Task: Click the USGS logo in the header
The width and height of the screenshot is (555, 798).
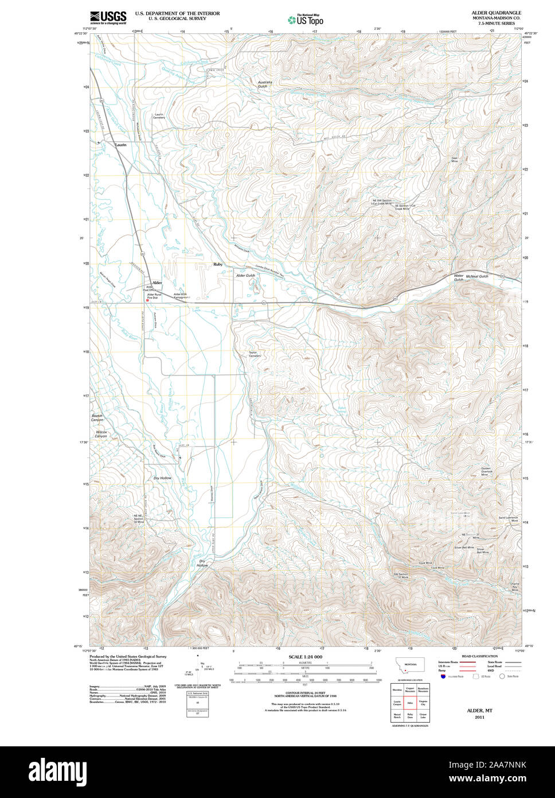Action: coord(108,18)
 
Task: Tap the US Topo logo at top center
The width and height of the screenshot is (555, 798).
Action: coord(306,20)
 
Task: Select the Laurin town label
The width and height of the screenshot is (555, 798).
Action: coord(120,145)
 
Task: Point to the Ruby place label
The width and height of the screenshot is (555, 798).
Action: coord(218,265)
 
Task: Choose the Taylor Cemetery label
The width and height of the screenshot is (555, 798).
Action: coord(254,354)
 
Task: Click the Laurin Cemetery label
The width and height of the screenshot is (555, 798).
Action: coord(159,116)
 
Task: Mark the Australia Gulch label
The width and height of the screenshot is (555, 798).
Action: coord(264,84)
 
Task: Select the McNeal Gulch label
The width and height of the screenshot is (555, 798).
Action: coord(477,276)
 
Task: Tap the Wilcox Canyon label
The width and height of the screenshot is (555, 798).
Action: coord(101,433)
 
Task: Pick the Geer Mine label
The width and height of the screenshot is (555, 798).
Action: coord(455,160)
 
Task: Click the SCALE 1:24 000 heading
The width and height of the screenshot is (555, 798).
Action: coord(305,657)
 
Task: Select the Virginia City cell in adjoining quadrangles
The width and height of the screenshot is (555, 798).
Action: coord(423,702)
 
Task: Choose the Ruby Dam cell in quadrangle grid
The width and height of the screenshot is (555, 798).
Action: coord(410,715)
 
